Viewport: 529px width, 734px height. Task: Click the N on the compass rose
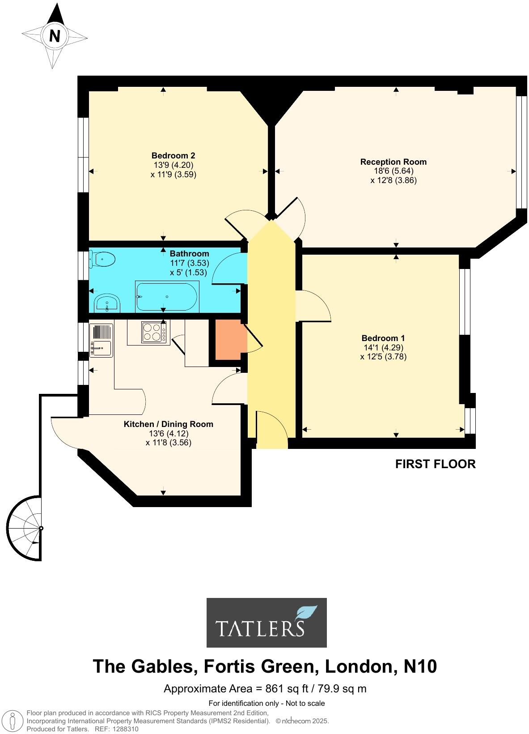pos(55,35)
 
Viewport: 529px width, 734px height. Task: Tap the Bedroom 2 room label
pos(173,156)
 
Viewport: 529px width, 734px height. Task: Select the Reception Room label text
pos(394,162)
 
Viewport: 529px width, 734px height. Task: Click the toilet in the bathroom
pos(102,259)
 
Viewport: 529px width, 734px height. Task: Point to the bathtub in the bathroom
pos(167,296)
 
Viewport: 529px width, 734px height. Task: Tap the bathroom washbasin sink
pos(107,304)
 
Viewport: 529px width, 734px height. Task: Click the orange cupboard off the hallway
pos(228,339)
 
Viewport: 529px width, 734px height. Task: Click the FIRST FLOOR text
pos(435,464)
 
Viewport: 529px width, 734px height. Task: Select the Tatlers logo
pos(267,623)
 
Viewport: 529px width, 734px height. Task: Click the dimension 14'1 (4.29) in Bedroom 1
pos(383,347)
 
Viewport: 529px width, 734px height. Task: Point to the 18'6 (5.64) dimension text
pos(394,171)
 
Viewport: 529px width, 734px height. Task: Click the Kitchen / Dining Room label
pos(168,424)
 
